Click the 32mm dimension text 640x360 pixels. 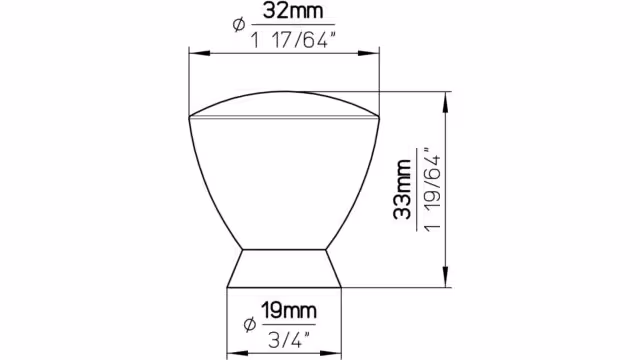(293, 11)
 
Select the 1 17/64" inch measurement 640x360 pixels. (293, 40)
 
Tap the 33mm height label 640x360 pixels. (402, 190)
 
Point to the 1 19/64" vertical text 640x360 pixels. (432, 190)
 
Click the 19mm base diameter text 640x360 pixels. (289, 311)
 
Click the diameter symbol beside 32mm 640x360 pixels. (239, 24)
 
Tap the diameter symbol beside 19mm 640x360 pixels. (250, 324)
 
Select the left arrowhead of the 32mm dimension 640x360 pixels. (200, 53)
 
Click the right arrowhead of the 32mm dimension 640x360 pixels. (369, 53)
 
